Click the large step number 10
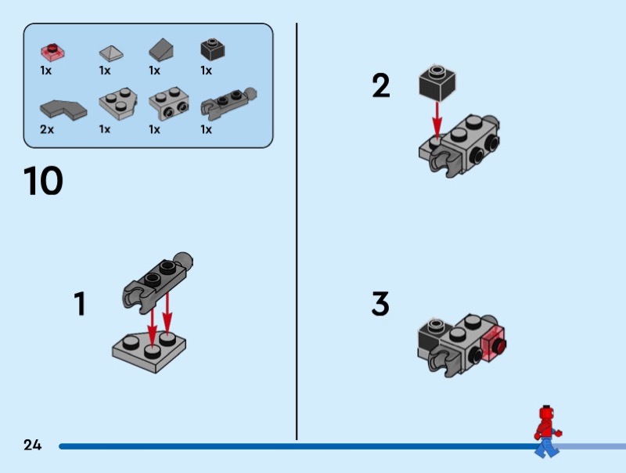(44, 181)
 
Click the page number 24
(32, 445)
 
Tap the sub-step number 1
(79, 304)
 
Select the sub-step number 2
(381, 85)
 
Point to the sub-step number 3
(380, 304)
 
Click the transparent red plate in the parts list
(53, 52)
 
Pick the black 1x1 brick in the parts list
(212, 49)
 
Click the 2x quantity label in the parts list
(47, 129)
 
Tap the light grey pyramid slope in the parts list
(111, 52)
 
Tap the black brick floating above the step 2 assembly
(437, 82)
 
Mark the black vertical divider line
(297, 235)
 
